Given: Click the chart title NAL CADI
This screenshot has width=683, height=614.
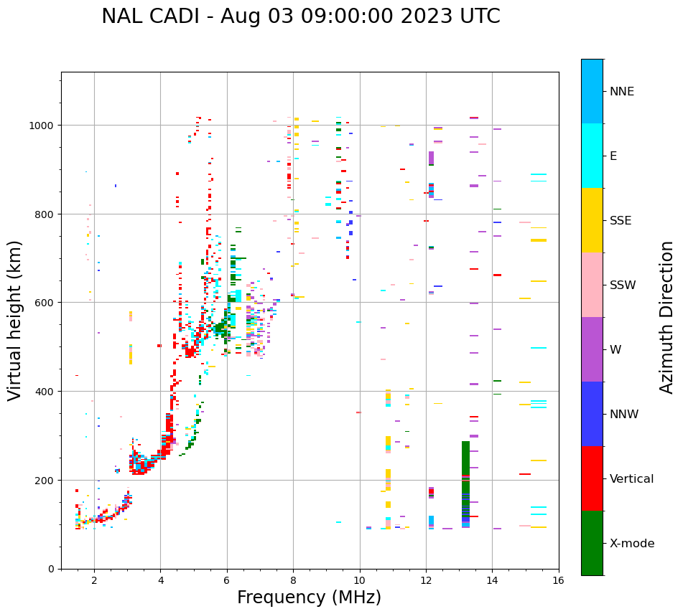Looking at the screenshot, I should pos(300,16).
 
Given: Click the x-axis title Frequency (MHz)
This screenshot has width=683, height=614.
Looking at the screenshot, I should pos(309,598).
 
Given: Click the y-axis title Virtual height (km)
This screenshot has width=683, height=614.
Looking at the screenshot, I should pos(15,321).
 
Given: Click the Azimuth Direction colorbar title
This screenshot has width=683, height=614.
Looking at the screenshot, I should pos(667,317).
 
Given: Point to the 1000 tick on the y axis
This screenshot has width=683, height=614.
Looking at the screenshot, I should pos(43,126).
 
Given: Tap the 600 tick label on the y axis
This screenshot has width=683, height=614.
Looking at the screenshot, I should pos(46,303).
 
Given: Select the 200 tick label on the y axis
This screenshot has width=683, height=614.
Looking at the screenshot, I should pos(46,480).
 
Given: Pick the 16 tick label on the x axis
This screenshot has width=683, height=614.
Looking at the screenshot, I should pos(559,582).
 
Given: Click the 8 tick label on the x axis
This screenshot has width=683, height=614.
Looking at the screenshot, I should pos(293,582).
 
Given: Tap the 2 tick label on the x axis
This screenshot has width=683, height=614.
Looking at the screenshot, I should pos(94,582).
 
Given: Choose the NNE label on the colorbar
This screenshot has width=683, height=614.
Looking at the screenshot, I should pos(622,92).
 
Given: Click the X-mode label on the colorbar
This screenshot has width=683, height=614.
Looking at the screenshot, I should pos(632,544).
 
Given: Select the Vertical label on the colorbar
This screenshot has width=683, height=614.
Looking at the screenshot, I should pos(631,479).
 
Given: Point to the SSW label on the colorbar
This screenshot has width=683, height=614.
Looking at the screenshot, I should pos(623,285).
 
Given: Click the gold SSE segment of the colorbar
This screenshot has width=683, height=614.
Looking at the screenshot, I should pos(592,220).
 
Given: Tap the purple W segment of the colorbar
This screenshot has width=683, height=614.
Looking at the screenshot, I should pos(592,349).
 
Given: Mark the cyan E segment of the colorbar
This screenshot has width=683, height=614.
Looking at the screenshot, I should pos(592,156).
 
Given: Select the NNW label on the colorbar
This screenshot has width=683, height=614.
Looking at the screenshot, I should pos(625,415).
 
